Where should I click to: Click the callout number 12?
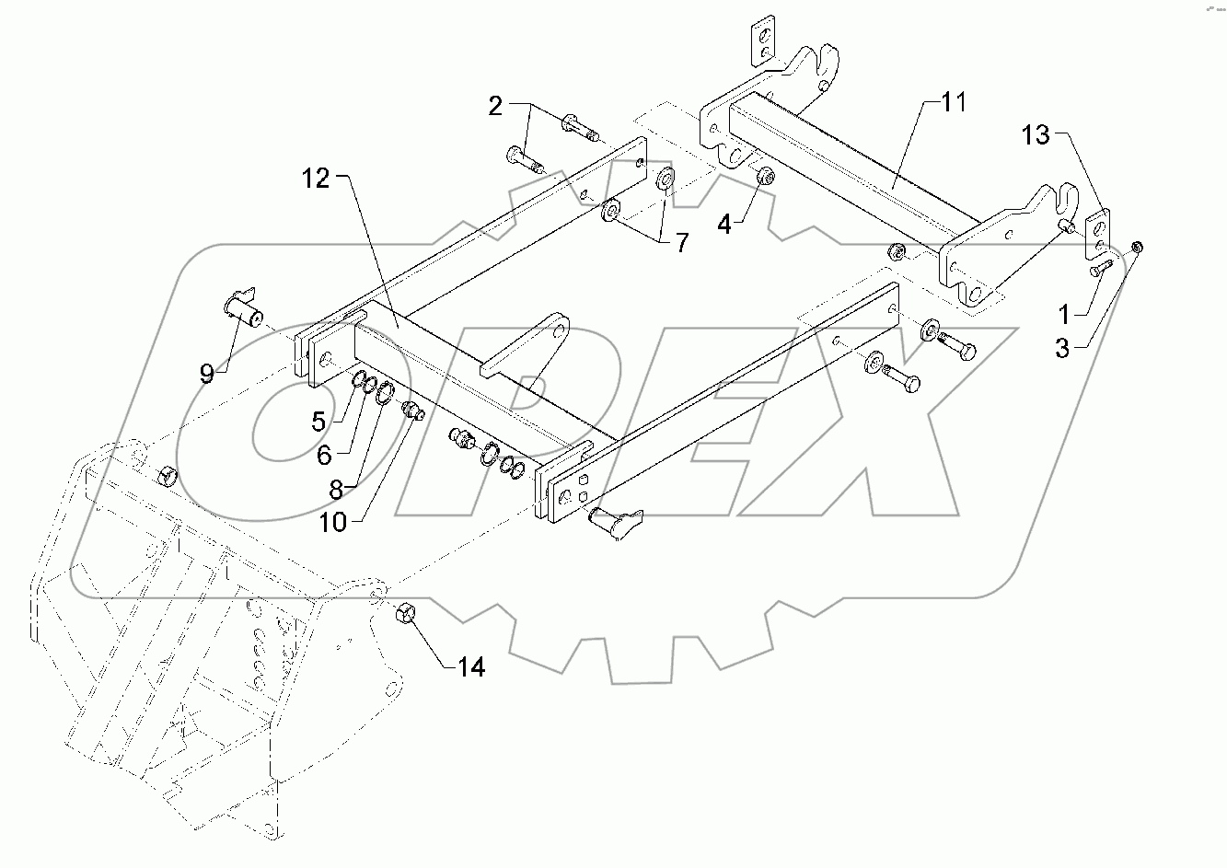coord(315,179)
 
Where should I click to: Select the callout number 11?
coord(954,102)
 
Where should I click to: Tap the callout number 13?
coord(1036,135)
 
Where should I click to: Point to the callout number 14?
coord(471,665)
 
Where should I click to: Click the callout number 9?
coord(207,373)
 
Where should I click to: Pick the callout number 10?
coord(334,522)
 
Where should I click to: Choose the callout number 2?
coord(495,107)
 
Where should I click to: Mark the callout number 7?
coord(681,243)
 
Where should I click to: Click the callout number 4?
coord(724,223)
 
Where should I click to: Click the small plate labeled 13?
coord(1099,235)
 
